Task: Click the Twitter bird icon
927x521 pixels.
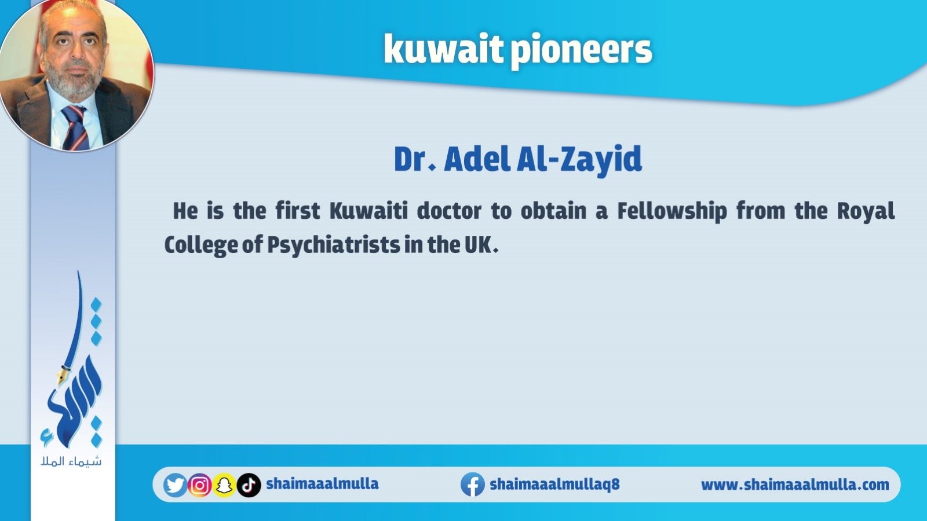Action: (175, 485)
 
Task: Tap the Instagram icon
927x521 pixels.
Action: (200, 485)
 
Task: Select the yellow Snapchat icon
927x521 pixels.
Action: (224, 485)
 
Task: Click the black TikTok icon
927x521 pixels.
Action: (249, 485)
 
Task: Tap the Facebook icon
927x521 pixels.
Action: (473, 484)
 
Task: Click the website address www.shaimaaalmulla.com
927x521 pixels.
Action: (795, 485)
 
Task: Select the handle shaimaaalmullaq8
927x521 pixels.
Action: (554, 484)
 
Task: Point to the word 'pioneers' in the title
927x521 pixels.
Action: (582, 52)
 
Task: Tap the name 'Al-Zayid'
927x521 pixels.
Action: (579, 160)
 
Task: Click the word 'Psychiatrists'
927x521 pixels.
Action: (334, 245)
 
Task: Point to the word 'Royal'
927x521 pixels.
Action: (866, 212)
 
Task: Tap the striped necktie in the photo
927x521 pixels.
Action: (75, 127)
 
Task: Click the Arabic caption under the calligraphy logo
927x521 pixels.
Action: (71, 461)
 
